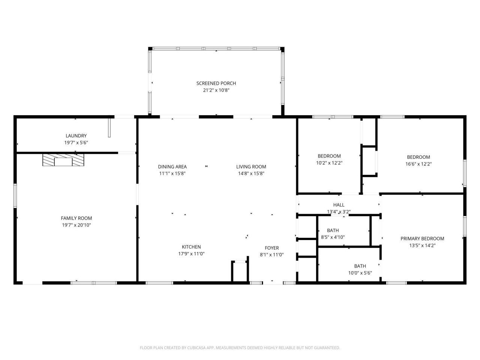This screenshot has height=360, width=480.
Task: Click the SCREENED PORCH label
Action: point(216,83)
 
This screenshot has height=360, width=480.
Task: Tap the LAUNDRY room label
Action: point(76,136)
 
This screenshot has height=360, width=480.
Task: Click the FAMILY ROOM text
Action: point(76,218)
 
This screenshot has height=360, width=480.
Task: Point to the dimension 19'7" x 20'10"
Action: point(76,225)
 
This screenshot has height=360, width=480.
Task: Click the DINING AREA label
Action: point(172,167)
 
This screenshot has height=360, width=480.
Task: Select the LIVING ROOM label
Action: point(251,167)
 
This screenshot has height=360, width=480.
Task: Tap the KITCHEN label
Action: point(191,247)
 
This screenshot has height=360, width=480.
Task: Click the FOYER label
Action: point(271,248)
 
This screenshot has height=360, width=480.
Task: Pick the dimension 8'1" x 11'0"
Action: point(271,255)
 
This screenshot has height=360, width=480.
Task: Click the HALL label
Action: point(339,205)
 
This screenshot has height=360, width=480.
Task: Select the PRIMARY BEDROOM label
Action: point(422,239)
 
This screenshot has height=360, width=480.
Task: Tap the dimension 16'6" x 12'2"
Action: point(418,164)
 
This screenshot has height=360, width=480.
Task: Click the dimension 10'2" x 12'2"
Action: point(329,163)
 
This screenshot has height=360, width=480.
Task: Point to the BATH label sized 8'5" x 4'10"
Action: point(333,231)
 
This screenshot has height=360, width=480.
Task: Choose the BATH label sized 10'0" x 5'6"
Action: point(360,266)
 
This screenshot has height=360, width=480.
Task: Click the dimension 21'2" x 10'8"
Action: point(216,90)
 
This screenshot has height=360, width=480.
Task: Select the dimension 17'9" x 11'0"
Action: point(191,254)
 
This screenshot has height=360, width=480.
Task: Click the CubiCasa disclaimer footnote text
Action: point(240,348)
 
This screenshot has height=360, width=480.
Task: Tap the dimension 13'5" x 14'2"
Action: point(422,246)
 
